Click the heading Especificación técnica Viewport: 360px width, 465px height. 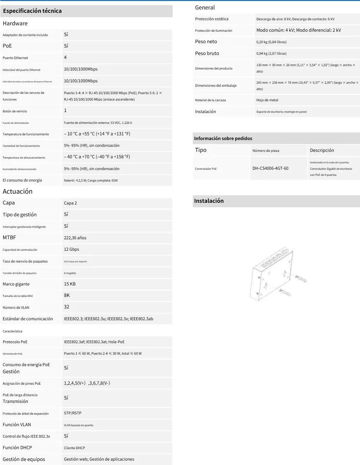tap(32, 11)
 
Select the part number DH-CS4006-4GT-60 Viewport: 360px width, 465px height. tap(270, 168)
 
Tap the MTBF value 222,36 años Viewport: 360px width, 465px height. tap(75, 238)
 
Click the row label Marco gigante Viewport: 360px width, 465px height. tap(16, 284)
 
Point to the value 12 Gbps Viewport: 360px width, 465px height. tap(72, 249)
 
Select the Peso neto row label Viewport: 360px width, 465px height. tap(206, 42)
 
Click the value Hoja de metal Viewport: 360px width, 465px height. tap(267, 100)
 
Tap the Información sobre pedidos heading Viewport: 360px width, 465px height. tap(223, 138)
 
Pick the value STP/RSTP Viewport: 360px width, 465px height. tap(73, 413)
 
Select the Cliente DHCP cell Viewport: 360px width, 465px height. tap(74, 448)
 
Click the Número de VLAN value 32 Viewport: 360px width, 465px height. tap(67, 307)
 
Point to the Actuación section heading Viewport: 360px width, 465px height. tap(18, 191)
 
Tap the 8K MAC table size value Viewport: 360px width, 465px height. tap(67, 295)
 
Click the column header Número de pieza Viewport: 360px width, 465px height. tap(266, 151)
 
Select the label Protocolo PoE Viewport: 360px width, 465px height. tap(15, 342)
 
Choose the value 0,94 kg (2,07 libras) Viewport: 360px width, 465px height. tap(271, 53)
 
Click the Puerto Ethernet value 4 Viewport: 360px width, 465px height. tap(65, 57)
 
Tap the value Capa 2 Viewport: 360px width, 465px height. tap(70, 203)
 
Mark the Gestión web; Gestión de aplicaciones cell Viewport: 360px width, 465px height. tap(99, 459)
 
